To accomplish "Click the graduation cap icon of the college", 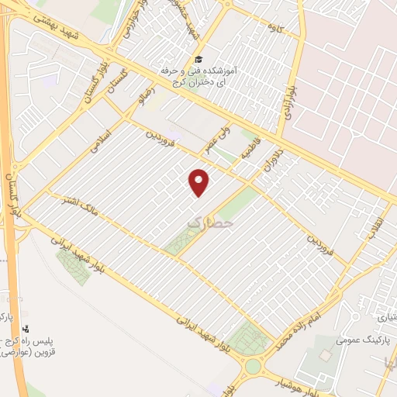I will [x=198, y=59].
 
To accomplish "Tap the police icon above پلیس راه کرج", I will [x=25, y=330].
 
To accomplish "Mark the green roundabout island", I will [x=254, y=366].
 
